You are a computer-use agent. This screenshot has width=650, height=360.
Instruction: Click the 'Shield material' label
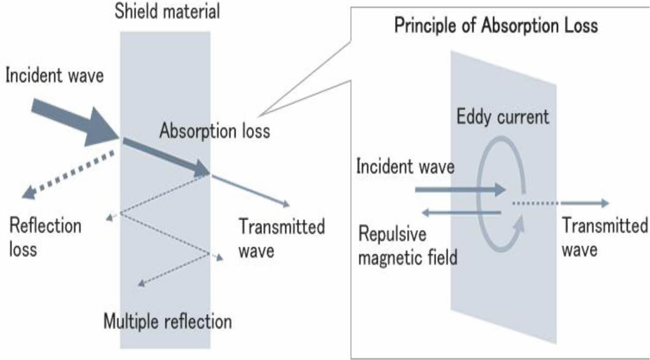pos(167,11)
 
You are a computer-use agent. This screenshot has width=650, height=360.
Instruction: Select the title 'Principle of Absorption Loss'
pos(496,25)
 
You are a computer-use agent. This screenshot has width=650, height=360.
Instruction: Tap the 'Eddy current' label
pos(503,117)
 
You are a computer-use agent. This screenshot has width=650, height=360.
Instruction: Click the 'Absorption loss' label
pos(215,130)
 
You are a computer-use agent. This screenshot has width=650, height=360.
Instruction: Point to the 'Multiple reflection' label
pos(168,321)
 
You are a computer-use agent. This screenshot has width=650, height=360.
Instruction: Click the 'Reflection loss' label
pos(45,238)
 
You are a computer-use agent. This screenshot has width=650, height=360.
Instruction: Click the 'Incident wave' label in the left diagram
pos(55,75)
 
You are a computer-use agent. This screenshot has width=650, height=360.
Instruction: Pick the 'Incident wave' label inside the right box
pos(405,167)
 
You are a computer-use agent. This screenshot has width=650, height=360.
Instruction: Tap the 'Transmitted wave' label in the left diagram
pos(282,238)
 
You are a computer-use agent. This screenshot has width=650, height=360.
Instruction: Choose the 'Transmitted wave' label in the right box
pos(605,238)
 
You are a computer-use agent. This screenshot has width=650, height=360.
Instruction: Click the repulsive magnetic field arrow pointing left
pos(461,212)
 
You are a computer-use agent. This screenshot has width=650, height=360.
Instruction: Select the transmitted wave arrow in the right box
pos(584,203)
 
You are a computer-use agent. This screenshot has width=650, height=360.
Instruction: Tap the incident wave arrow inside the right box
pos(461,190)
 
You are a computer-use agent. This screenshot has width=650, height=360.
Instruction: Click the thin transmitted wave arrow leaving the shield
pos(251,191)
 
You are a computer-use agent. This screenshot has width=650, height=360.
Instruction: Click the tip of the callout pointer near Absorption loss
pos(258,117)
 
